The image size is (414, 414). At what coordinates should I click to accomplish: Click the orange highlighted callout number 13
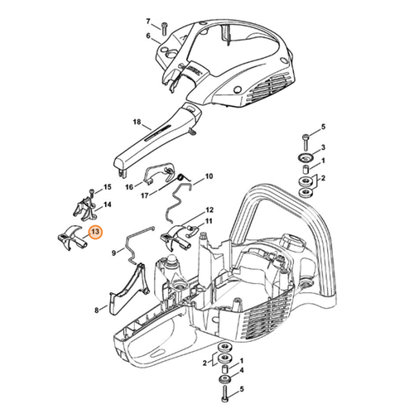(95, 233)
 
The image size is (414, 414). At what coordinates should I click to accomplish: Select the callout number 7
(148, 21)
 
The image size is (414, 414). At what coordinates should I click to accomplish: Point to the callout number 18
(137, 122)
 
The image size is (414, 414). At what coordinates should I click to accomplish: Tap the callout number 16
(129, 187)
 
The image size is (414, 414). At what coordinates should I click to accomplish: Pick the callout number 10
(209, 176)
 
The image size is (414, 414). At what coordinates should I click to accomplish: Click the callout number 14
(107, 204)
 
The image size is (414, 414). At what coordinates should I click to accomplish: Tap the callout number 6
(148, 36)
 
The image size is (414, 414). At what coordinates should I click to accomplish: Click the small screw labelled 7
(165, 27)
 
